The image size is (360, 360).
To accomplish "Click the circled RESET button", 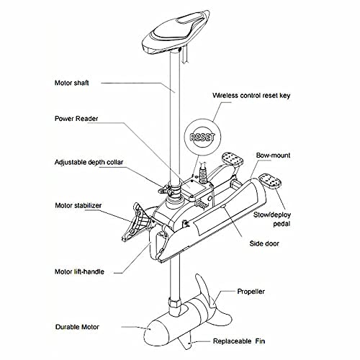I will [x=202, y=135].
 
